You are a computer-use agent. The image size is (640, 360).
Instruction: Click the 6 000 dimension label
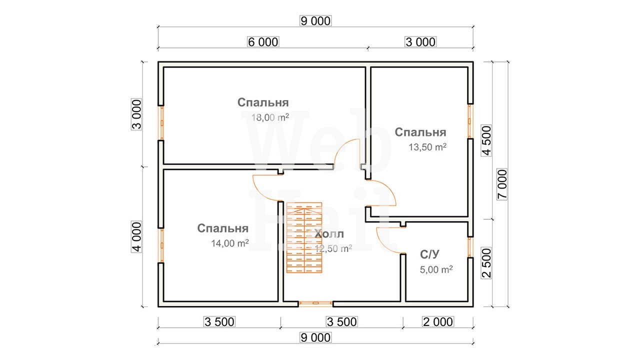coord(263,42)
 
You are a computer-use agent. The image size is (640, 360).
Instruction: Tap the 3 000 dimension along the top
coord(420,42)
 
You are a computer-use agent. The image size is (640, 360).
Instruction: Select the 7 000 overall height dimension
coord(502,184)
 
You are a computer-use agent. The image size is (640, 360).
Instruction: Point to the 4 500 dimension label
coord(486,140)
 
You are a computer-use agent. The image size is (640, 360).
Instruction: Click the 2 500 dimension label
coord(486,263)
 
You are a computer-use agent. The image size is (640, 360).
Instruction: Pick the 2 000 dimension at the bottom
coord(438,322)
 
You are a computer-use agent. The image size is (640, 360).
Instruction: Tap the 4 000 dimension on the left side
coord(136,237)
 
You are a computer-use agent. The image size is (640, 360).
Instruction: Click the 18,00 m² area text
coord(270,117)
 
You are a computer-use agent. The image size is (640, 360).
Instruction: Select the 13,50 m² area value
coord(427,147)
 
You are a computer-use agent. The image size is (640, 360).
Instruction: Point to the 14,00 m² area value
coord(229,243)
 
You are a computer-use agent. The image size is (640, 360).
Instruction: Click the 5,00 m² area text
coord(436,269)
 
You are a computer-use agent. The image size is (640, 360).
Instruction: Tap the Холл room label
coord(329,234)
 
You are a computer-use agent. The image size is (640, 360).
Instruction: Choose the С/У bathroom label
coord(429,254)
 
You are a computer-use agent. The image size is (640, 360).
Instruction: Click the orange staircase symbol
coord(304,237)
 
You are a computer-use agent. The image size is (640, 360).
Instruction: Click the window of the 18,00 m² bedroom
coord(161,123)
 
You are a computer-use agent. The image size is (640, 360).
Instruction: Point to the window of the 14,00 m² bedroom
coord(161,245)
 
